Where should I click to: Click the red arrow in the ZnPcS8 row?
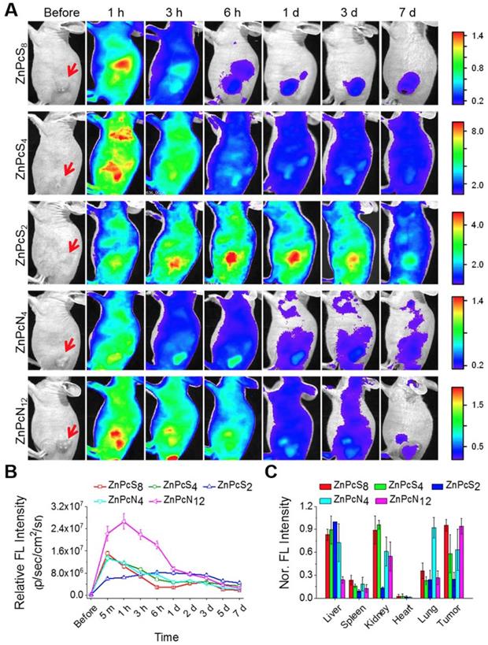click(x=72, y=72)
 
